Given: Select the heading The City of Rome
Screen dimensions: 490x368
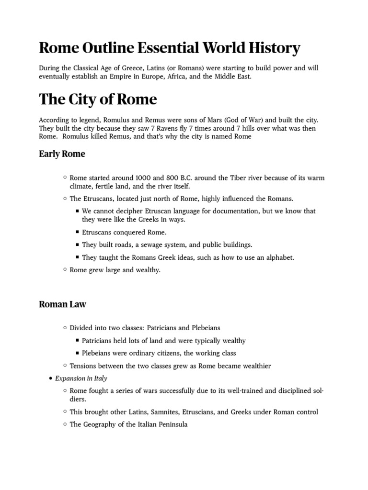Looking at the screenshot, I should (98, 99).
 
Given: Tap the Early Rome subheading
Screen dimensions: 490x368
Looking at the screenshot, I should (62, 154).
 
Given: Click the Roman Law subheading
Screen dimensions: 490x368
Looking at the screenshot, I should (62, 304).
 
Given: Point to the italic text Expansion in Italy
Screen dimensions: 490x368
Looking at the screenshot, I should (81, 379).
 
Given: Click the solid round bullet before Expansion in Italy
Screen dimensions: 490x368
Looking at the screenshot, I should (50, 379).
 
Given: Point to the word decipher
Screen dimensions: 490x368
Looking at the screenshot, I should (126, 211).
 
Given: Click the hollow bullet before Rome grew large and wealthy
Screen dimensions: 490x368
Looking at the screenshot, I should (64, 270).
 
